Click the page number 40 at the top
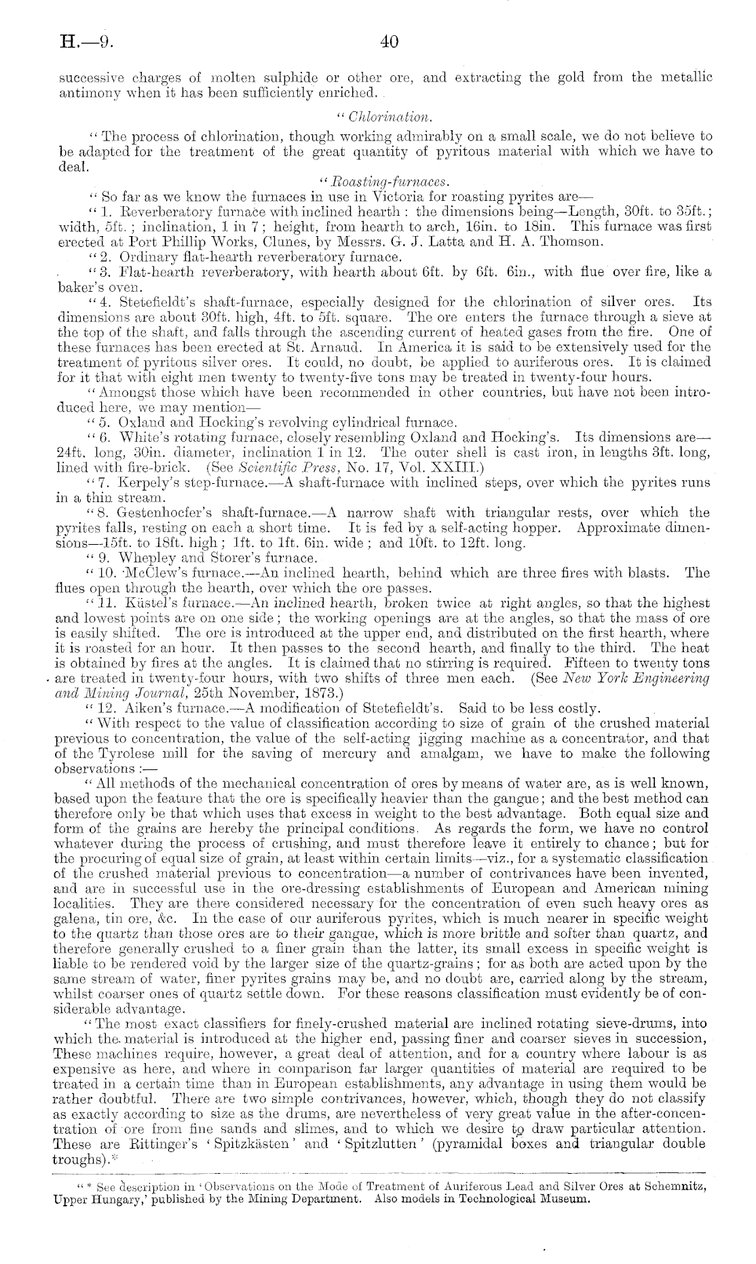(388, 42)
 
